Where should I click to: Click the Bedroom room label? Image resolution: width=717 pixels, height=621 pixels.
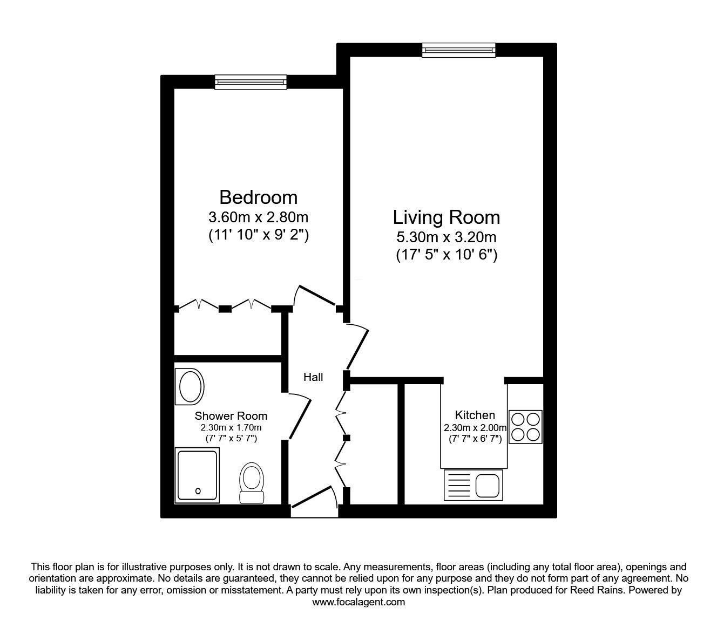259,197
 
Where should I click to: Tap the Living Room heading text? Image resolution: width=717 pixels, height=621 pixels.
447,217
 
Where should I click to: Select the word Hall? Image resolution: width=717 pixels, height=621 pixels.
313,377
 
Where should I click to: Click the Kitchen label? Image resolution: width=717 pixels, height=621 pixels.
475,415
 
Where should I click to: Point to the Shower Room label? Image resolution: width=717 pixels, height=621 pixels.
231,416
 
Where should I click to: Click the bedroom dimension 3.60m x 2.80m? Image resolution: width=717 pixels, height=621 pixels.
259,217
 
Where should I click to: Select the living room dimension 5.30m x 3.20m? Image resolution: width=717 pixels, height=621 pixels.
447,237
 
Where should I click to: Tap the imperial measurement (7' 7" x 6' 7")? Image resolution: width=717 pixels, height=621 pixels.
475,439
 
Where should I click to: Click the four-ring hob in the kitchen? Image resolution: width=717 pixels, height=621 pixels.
525,427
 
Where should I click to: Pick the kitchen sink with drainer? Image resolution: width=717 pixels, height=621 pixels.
474,485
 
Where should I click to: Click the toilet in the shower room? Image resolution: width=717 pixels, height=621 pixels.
252,483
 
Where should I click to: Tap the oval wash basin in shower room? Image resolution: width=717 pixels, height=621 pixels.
190,387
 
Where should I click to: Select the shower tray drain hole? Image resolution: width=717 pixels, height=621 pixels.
198,491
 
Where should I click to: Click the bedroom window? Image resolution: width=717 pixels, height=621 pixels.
251,82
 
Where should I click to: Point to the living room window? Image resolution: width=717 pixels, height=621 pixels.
458,50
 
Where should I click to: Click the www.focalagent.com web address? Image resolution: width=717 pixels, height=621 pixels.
359,602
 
